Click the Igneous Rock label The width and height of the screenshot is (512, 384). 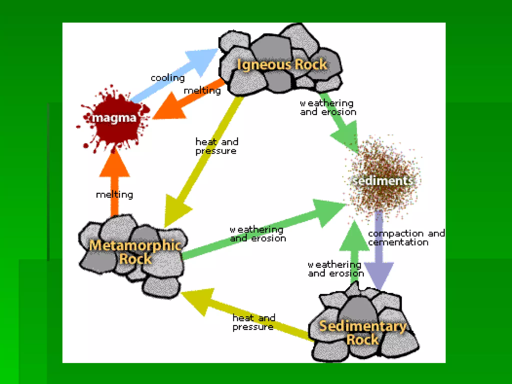[x=282, y=64]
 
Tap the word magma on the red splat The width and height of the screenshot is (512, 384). [x=114, y=118]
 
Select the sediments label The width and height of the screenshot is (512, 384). [x=382, y=181]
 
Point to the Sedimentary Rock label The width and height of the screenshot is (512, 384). [x=363, y=333]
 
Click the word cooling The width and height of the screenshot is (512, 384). [x=168, y=78]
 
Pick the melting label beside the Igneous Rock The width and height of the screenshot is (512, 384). [x=202, y=90]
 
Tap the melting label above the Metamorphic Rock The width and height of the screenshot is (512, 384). [x=114, y=194]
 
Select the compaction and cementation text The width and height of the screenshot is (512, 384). [x=406, y=238]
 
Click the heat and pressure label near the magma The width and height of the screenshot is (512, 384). [x=217, y=146]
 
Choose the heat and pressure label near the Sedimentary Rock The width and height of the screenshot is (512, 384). [x=254, y=322]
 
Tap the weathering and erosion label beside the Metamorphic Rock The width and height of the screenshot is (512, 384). [x=258, y=234]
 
